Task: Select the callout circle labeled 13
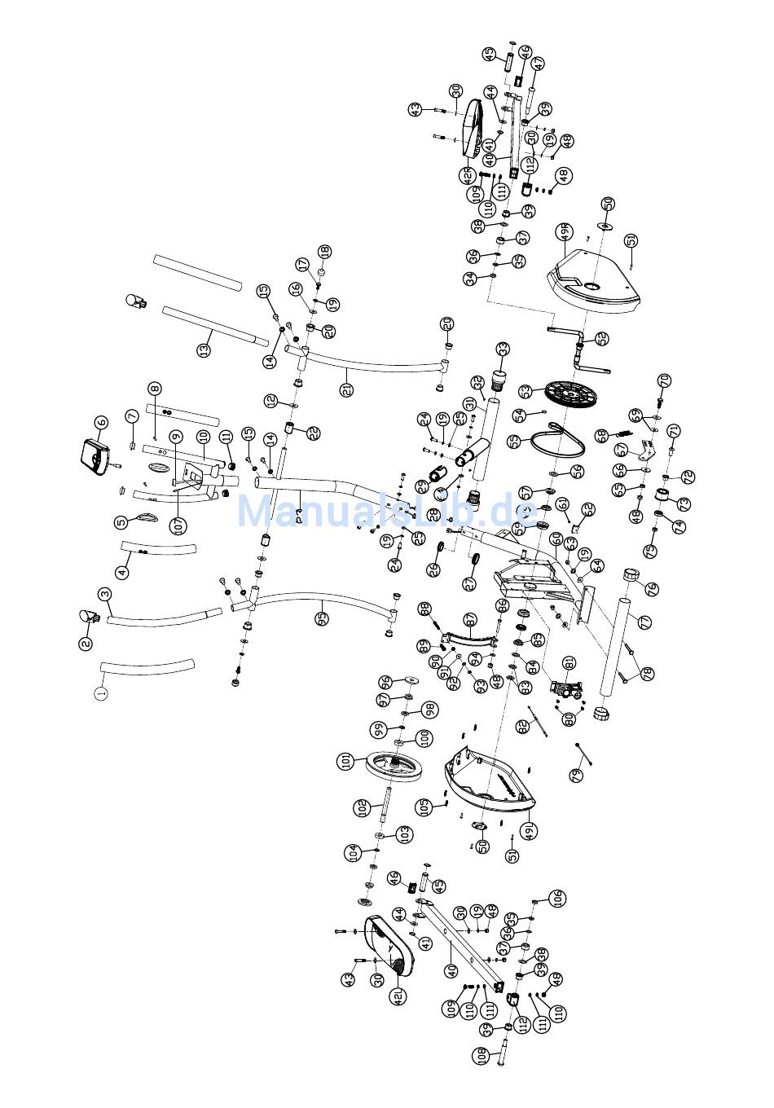point(204,350)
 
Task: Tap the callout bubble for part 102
point(361,808)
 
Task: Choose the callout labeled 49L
point(529,830)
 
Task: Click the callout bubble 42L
point(398,996)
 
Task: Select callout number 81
point(570,662)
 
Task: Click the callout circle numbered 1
point(101,693)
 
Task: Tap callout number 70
point(664,380)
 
